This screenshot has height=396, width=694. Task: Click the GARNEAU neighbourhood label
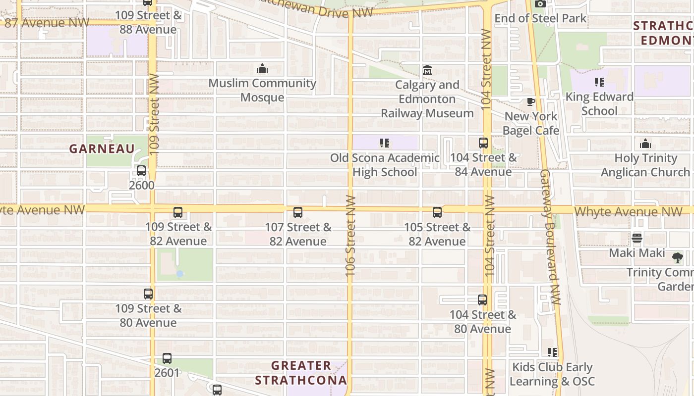[x=102, y=148]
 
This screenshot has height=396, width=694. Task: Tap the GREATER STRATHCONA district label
[x=301, y=373]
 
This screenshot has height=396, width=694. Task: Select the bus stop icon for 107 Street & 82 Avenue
[x=297, y=212]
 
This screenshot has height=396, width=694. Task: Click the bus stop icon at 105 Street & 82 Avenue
[x=437, y=212]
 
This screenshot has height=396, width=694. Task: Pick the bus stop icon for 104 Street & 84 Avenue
[x=483, y=143]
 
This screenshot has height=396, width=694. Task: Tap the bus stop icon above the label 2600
[x=141, y=171]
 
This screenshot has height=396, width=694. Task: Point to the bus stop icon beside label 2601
[x=167, y=358]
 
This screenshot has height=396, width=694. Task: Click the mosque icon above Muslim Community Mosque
[x=262, y=68]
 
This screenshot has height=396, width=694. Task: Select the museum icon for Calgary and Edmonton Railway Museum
[x=427, y=70]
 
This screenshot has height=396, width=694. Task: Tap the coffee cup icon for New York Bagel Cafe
[x=530, y=102]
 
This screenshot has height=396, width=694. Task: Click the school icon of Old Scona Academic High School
[x=384, y=143]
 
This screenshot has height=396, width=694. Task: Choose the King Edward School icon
[x=599, y=82]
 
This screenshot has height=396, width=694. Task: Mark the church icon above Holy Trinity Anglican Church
[x=645, y=144]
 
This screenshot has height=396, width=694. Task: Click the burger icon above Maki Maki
[x=636, y=238]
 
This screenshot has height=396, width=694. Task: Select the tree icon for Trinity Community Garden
[x=677, y=257]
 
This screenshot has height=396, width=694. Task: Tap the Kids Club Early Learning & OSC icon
[x=552, y=352]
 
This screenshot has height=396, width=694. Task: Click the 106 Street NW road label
[x=350, y=235]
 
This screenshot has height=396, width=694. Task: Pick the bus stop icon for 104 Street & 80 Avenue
[x=482, y=300]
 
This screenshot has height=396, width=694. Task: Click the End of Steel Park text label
[x=540, y=18]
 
